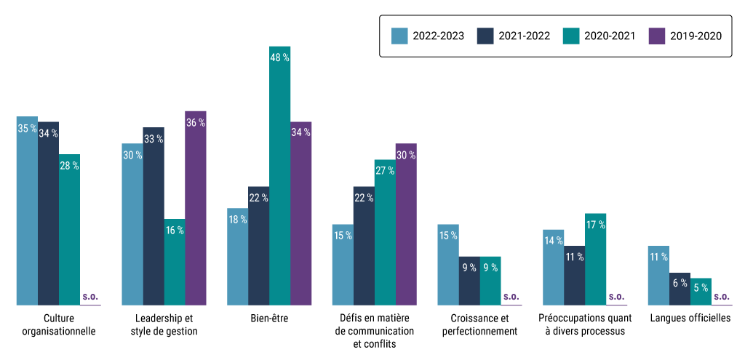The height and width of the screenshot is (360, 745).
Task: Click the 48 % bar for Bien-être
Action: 279,175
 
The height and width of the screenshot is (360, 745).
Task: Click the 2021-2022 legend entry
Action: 514,35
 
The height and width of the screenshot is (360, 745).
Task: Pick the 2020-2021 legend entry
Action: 601,35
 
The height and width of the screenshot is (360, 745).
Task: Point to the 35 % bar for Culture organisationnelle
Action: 27,210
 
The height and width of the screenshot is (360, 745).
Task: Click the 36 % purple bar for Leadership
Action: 196,208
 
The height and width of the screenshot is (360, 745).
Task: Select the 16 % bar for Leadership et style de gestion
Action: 175,262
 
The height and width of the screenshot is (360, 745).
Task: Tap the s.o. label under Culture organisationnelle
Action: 90,297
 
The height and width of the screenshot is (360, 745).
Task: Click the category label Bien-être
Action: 269,319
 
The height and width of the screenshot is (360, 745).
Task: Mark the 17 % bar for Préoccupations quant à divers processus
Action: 595,259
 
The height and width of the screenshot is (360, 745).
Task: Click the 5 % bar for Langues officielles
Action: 701,291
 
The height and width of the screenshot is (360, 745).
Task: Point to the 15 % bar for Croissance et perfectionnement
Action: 448,264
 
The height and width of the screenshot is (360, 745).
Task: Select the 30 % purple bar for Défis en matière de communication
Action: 406,224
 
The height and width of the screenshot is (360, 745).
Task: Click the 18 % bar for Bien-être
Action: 237,256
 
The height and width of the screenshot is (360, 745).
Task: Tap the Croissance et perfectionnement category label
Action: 479,324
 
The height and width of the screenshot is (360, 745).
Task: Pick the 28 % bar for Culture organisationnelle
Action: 69,229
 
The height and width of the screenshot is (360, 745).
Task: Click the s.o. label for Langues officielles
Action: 722,297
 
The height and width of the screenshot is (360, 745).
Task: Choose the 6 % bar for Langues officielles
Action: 680,289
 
